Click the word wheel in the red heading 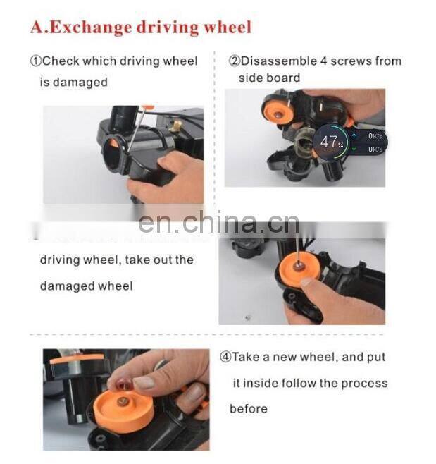point(226,28)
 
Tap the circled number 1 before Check point(35,61)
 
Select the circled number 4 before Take point(225,358)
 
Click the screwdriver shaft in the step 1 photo point(134,134)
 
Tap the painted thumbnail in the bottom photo point(144,383)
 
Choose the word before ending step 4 point(248,409)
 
